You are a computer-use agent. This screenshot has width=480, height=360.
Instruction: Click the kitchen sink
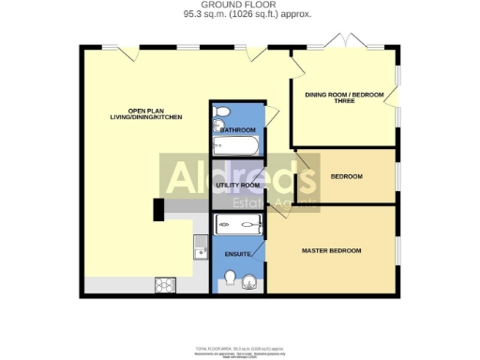point(200,247)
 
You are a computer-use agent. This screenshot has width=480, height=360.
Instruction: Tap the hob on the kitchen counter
point(166,284)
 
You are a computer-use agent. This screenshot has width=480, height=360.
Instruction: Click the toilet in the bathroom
point(221,114)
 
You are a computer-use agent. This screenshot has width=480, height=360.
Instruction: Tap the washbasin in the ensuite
point(249,282)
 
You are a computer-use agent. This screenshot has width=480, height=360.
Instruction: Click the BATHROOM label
point(238,130)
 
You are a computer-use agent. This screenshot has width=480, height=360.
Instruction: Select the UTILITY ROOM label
point(237,186)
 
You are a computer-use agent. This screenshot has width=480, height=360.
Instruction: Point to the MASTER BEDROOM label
point(331,250)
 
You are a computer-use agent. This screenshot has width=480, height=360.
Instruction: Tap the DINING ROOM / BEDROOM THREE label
point(343,98)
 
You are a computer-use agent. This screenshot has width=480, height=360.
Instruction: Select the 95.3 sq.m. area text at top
point(240,15)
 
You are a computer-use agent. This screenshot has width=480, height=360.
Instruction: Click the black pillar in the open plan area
point(159,209)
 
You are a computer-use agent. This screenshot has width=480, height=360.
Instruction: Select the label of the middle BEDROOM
point(347,176)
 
